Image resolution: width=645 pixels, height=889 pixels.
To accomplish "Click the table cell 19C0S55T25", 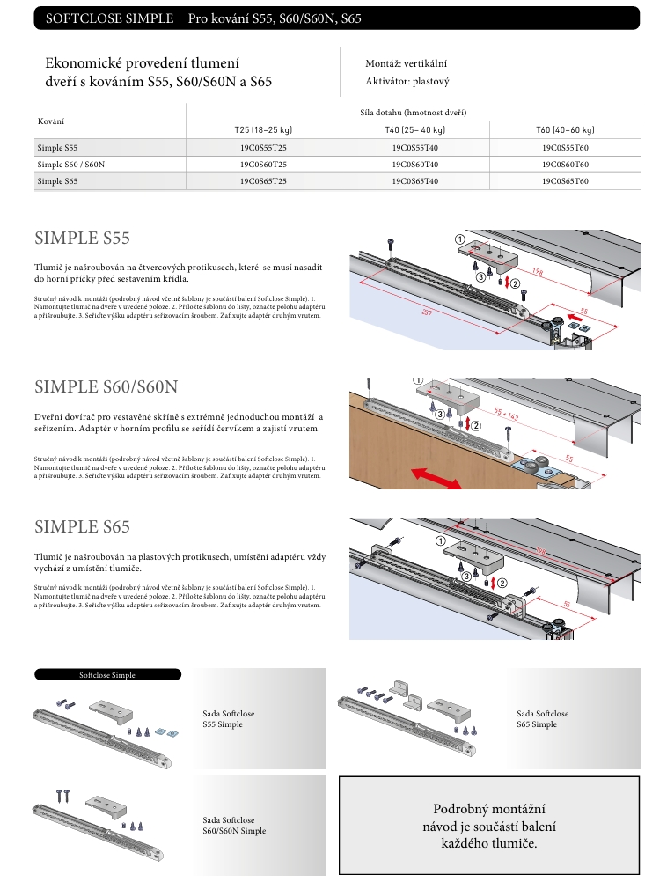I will [262, 148].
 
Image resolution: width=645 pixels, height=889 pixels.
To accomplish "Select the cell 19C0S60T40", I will [414, 165].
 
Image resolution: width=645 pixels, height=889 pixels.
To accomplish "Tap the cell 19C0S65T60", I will [565, 181].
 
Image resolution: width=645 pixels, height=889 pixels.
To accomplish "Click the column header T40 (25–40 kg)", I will [414, 129].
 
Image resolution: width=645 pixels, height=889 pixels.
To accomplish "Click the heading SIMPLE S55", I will [82, 238].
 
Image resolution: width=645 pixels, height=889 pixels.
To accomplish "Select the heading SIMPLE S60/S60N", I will [106, 387].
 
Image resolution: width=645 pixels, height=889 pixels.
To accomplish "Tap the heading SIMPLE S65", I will [82, 527].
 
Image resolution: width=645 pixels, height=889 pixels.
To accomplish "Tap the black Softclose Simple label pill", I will [107, 675].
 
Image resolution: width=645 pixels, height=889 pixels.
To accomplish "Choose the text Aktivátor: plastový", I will [407, 82].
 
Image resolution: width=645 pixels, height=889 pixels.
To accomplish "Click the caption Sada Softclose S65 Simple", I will [542, 719].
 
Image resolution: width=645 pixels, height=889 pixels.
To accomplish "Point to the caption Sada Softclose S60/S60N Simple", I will [233, 825].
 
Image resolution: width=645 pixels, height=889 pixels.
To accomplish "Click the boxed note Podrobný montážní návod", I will [488, 827].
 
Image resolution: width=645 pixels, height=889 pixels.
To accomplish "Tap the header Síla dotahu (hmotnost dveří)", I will [414, 112].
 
